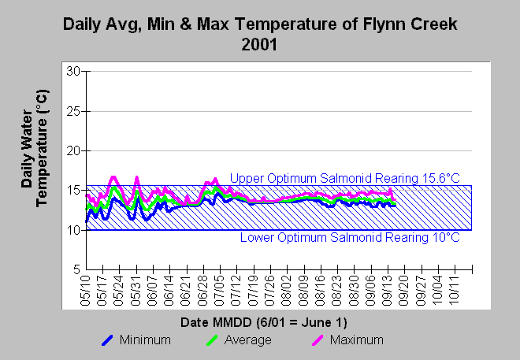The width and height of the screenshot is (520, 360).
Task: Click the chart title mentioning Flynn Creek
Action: pos(259,24)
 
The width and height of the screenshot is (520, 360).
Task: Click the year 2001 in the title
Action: pos(259,44)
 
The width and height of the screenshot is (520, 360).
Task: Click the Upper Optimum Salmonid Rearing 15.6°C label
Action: pos(344,179)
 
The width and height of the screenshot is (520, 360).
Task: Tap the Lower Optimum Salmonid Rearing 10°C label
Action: pos(349,237)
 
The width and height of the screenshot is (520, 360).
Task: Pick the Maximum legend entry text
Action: pos(357,340)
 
